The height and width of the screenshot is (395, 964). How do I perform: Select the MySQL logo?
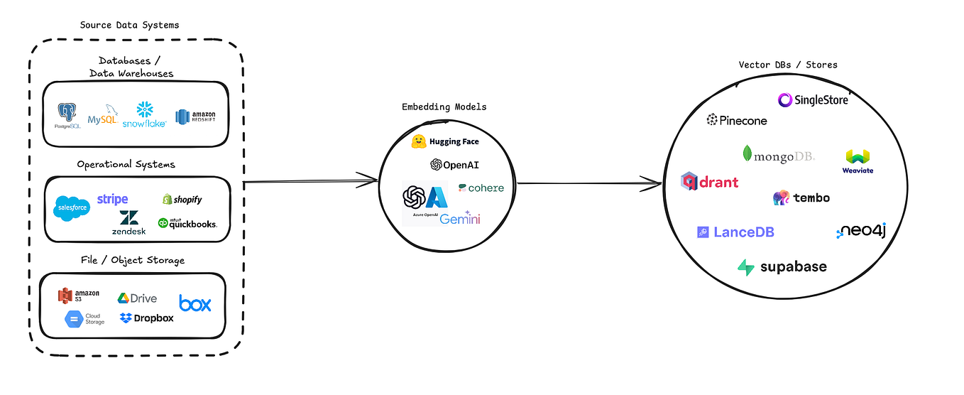pyautogui.click(x=103, y=115)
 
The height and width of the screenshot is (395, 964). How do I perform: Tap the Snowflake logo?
pyautogui.click(x=145, y=114)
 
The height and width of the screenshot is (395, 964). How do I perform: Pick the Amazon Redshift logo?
pyautogui.click(x=196, y=116)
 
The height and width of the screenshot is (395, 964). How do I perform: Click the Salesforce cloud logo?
pyautogui.click(x=72, y=207)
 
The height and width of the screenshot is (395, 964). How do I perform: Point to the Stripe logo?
pyautogui.click(x=112, y=199)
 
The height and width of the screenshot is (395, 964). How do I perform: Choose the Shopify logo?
pyautogui.click(x=182, y=200)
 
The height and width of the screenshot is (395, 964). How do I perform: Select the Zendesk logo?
pyautogui.click(x=128, y=222)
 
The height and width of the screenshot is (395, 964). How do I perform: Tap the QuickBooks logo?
pyautogui.click(x=187, y=223)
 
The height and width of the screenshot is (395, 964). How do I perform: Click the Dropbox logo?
pyautogui.click(x=147, y=318)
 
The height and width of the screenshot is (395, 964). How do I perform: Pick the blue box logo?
pyautogui.click(x=195, y=303)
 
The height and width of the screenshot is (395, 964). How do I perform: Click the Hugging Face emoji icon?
pyautogui.click(x=419, y=141)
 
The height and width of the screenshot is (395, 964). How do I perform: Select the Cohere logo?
pyautogui.click(x=481, y=188)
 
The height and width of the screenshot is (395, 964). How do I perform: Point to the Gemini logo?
pyautogui.click(x=460, y=218)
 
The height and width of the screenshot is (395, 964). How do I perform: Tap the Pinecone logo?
pyautogui.click(x=737, y=120)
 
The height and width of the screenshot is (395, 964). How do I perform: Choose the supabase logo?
pyautogui.click(x=782, y=267)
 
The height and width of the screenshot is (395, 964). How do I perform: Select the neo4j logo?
pyautogui.click(x=861, y=231)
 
